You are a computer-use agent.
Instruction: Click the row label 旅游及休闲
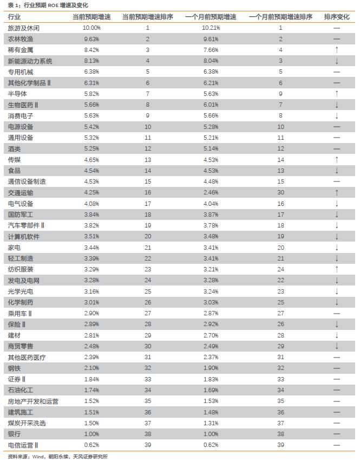24,27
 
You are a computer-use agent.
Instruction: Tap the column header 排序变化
336,16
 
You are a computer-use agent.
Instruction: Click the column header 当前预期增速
91,16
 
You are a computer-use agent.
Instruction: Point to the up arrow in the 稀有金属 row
336,50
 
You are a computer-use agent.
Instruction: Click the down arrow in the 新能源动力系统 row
336,61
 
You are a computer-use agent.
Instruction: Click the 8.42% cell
91,50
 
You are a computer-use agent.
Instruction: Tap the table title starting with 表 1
45,5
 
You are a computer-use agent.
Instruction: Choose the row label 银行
14,434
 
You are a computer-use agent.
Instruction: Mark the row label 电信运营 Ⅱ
23,445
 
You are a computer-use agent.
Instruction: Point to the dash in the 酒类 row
336,148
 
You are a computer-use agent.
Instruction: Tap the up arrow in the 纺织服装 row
336,269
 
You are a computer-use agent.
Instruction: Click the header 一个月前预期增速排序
280,16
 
